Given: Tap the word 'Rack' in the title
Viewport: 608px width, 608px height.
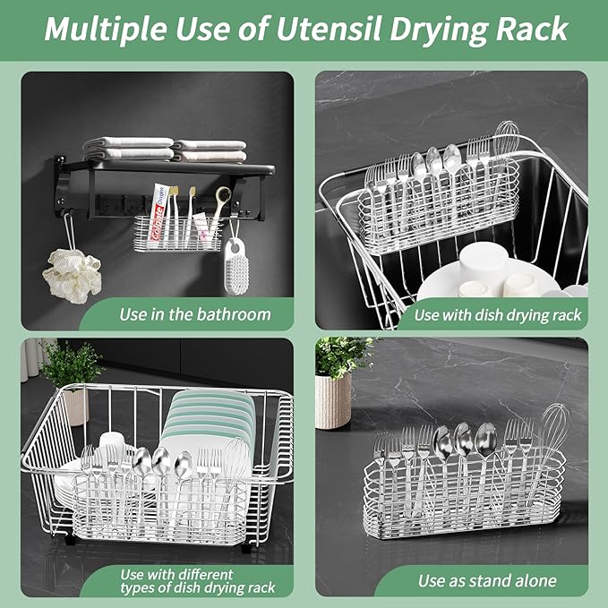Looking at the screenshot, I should pos(528,29).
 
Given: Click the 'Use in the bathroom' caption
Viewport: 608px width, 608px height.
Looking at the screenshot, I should pos(194,314).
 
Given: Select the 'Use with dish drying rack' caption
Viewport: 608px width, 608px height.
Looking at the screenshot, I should pos(497,314).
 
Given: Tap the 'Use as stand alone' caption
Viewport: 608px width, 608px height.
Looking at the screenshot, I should pos(487,581).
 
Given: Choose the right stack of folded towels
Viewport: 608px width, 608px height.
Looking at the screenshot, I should pos(210,150).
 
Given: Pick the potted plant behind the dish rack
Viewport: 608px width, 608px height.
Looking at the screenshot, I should pos(72,375).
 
